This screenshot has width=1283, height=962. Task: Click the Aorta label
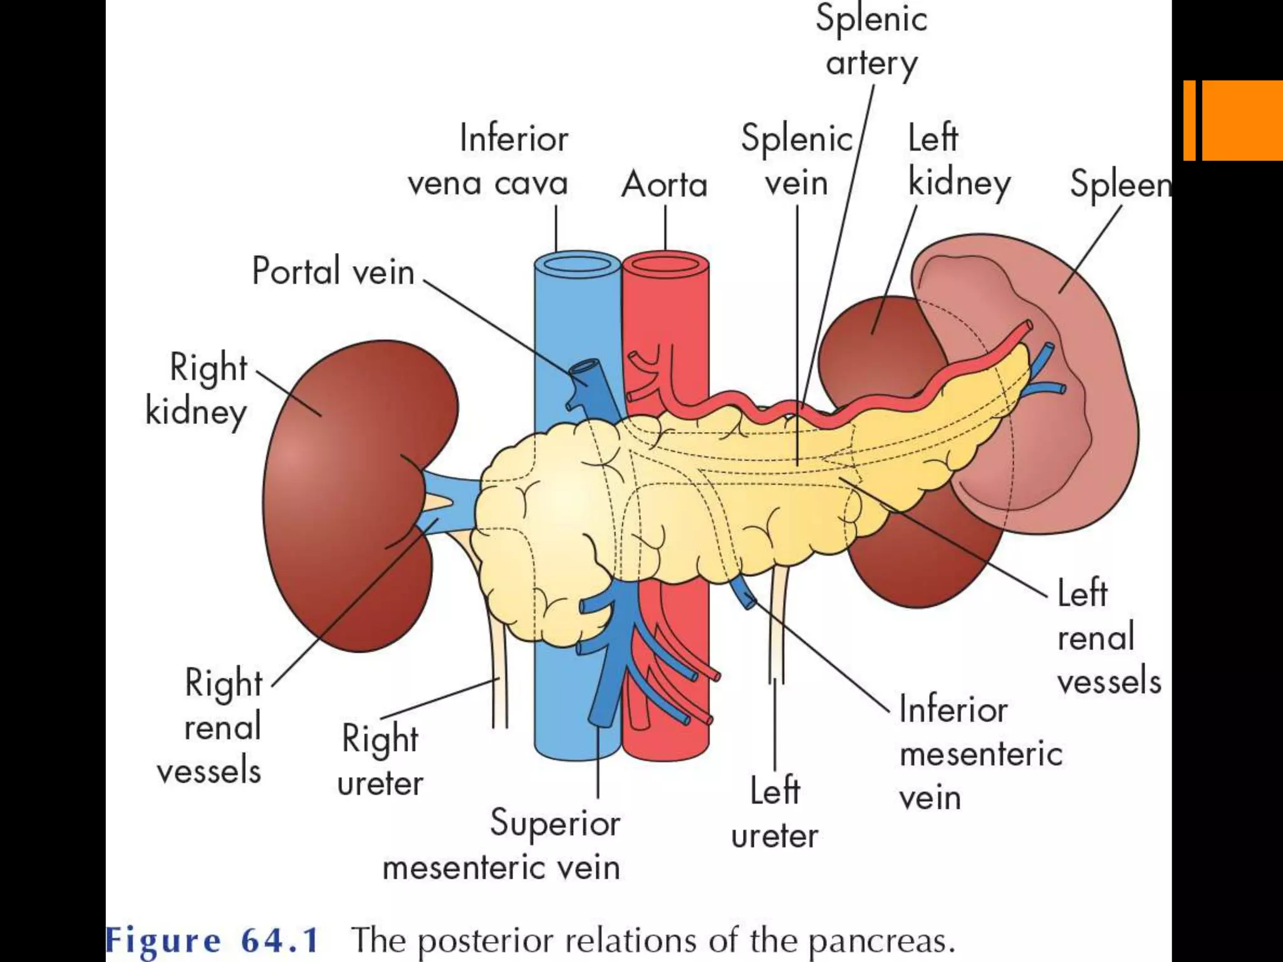pos(664,185)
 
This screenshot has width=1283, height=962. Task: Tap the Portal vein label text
pos(333,271)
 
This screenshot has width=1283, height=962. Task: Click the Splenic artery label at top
pos(871,41)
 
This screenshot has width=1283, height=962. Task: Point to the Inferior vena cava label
pos(489,161)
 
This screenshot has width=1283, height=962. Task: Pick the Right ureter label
pos(380,760)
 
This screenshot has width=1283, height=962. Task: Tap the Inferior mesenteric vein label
pos(980,753)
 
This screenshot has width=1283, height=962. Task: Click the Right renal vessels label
pos(213,727)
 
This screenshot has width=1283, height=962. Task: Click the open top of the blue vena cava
pos(577,265)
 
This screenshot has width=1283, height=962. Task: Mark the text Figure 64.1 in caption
pos(213,940)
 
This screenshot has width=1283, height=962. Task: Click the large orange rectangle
pos(1242,120)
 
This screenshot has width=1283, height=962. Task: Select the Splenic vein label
pos(797,161)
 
